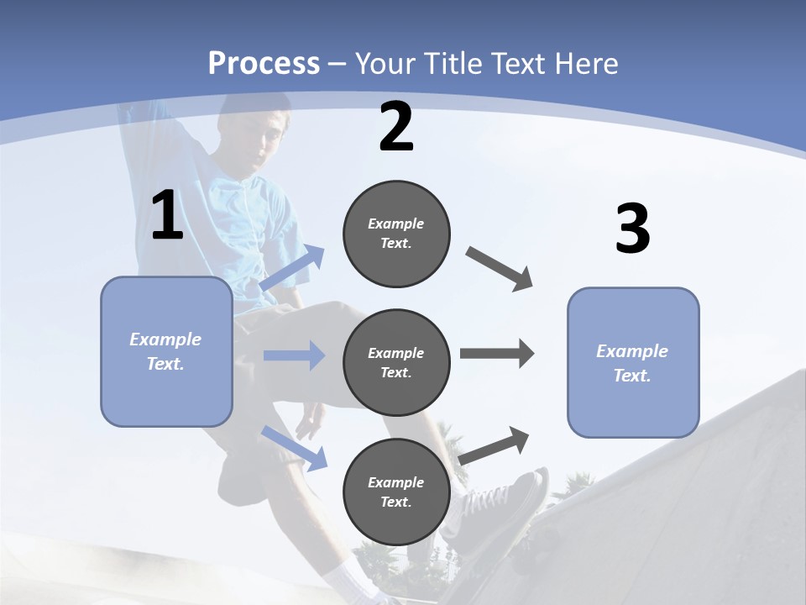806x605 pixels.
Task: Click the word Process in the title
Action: coord(264,63)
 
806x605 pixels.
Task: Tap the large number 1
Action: coord(167,216)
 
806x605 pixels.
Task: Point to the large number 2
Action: coord(396,127)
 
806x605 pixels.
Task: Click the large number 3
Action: coord(632,229)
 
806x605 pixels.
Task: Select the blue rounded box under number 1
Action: coord(166,351)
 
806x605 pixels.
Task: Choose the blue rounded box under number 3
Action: coord(633,363)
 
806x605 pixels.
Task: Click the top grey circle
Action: coord(396,234)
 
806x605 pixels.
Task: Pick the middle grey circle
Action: coord(396,362)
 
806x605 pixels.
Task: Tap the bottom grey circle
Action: coord(396,492)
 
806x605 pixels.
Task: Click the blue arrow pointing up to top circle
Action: coord(293,268)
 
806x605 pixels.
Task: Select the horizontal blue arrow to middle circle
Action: coord(294,355)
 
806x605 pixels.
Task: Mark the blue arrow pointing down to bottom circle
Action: coord(294,447)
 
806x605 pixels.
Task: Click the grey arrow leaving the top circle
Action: coord(500,268)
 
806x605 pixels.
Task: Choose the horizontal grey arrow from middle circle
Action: coord(497,354)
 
